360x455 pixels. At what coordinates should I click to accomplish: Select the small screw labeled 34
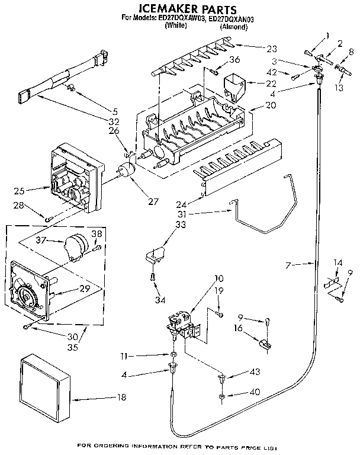pos(153,276)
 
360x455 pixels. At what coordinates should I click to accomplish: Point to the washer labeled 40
pos(220,395)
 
